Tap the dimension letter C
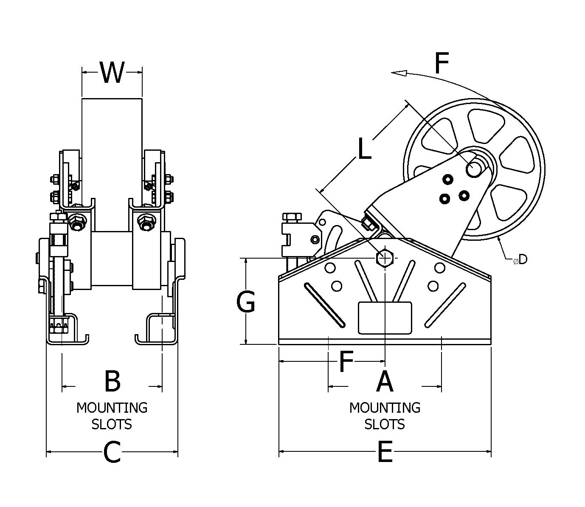[x=112, y=452]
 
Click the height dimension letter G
[x=246, y=302]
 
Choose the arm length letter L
[x=364, y=149]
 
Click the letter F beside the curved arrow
[x=442, y=64]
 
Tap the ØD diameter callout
[x=520, y=259]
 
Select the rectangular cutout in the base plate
[x=385, y=318]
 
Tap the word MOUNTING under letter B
[x=112, y=408]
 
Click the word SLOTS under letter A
[x=385, y=424]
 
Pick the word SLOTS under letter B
[x=112, y=424]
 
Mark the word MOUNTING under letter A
[x=385, y=408]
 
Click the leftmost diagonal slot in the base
[x=323, y=305]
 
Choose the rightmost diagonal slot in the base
[x=444, y=305]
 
